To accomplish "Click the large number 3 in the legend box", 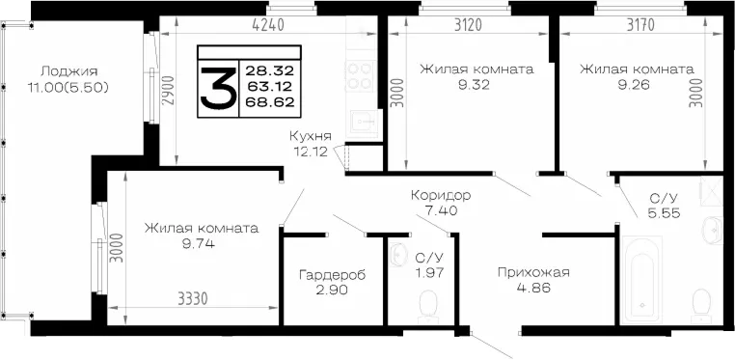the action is (218, 88).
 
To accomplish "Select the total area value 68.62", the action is (269, 102).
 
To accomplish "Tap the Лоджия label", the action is (68, 71).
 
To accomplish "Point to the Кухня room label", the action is (311, 136).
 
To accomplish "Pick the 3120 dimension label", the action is (469, 25).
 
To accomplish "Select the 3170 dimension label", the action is (641, 25).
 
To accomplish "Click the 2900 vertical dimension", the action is (168, 92).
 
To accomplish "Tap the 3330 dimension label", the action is (192, 298).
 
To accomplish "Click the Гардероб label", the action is (332, 275).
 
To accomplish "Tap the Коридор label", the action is (441, 195).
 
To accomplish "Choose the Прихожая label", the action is (533, 272).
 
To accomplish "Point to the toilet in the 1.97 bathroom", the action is (427, 305).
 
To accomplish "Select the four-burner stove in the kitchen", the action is (361, 75).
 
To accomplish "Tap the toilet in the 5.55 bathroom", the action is (701, 305).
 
